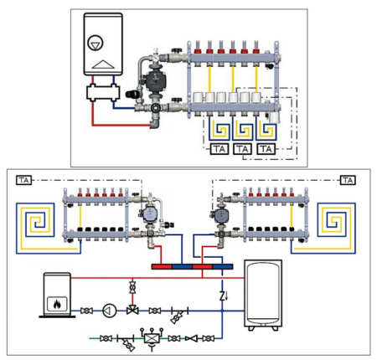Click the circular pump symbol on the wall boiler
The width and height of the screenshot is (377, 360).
[96, 43]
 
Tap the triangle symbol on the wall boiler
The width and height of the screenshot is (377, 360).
[103, 64]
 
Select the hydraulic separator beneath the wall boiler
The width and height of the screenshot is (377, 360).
[103, 92]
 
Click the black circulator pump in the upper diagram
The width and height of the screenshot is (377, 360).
[152, 79]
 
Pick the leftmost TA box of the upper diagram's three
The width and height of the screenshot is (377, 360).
[219, 149]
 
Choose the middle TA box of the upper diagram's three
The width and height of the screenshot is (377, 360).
[242, 149]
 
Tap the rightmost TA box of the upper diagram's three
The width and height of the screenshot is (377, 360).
[266, 149]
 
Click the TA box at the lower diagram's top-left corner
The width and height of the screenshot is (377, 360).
[23, 180]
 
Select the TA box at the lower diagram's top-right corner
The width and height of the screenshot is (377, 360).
[348, 180]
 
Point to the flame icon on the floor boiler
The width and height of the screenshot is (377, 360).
[57, 304]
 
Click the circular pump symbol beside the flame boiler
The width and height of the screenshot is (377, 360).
[110, 311]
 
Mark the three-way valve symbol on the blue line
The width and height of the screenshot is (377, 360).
[132, 310]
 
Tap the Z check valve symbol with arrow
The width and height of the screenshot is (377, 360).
[224, 296]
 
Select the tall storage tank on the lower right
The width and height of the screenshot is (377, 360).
[263, 295]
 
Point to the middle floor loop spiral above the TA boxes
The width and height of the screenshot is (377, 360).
[242, 129]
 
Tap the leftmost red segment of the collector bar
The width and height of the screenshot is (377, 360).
[162, 267]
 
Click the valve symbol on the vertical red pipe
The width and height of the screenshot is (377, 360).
[132, 287]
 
